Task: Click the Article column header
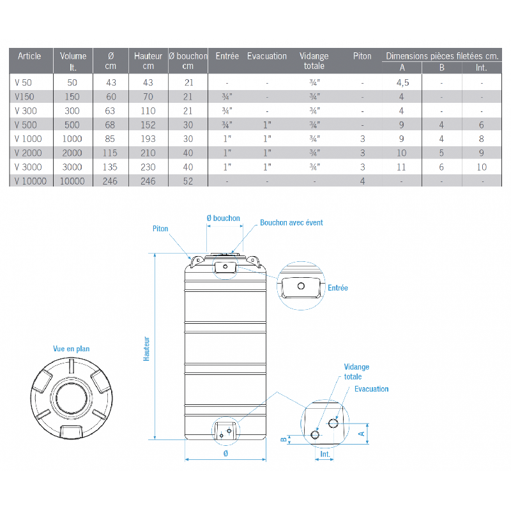[x=29, y=56]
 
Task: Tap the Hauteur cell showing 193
[x=148, y=139]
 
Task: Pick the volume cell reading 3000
[x=72, y=167]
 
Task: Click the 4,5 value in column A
[x=402, y=82]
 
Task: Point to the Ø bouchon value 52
[x=187, y=181]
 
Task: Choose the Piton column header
[x=362, y=56]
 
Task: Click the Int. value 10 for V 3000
[x=481, y=167]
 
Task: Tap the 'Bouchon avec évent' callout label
[x=291, y=223]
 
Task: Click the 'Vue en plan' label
[x=71, y=349]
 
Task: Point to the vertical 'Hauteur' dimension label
[x=146, y=349]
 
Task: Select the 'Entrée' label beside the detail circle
[x=338, y=288]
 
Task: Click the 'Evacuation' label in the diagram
[x=371, y=389]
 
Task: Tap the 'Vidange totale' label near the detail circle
[x=356, y=372]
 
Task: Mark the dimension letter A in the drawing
[x=362, y=432]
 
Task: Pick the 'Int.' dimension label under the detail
[x=325, y=455]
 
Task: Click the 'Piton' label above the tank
[x=160, y=228]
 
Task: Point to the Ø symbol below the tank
[x=225, y=453]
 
